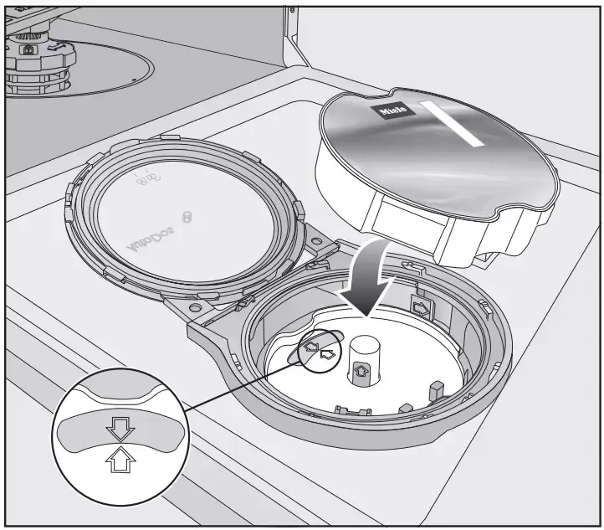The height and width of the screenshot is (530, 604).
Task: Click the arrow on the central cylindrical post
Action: (362, 368)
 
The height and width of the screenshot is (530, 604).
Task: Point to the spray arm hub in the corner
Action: (38, 59)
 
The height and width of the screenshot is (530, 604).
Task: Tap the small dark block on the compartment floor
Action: (435, 391)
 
